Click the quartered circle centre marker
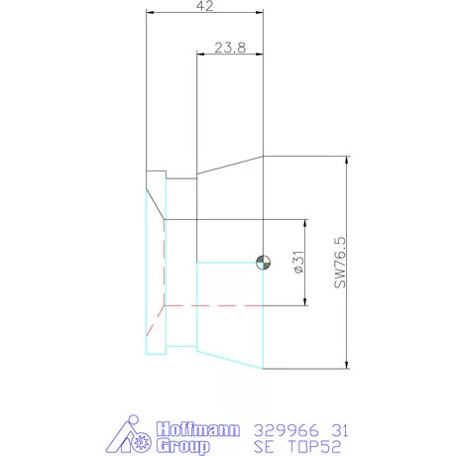click(x=263, y=262)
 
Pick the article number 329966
click(x=279, y=430)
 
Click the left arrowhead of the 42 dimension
click(x=151, y=13)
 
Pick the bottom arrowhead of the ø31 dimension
click(x=301, y=302)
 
